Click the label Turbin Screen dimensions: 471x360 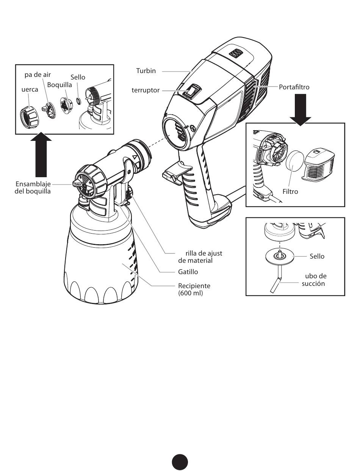pyautogui.click(x=146, y=71)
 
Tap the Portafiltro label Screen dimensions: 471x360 pyautogui.click(x=294, y=87)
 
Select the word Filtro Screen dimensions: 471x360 pyautogui.click(x=290, y=192)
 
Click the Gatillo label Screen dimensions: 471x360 pyautogui.click(x=188, y=272)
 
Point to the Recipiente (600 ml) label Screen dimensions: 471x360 pyautogui.click(x=194, y=289)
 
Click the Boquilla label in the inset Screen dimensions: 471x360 pyautogui.click(x=59, y=85)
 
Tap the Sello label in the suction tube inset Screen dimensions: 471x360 pyautogui.click(x=317, y=256)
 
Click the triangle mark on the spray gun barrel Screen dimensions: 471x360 pyautogui.click(x=135, y=157)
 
